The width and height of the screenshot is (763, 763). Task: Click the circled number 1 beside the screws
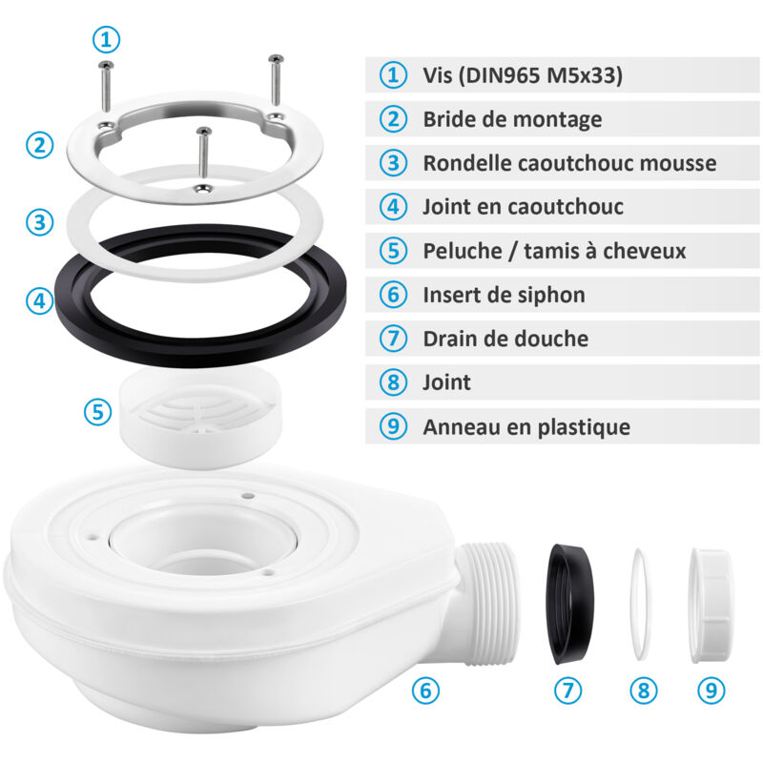[x=107, y=39]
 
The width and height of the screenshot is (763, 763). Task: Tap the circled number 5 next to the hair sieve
[x=96, y=412]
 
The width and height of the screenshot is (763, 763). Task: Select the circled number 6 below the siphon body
[x=425, y=689]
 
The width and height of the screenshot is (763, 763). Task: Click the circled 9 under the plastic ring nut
[x=710, y=689]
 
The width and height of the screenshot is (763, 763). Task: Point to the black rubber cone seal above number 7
[x=571, y=603]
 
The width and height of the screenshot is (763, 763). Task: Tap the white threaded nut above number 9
[x=710, y=603]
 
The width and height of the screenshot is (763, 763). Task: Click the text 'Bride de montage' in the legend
[x=512, y=119]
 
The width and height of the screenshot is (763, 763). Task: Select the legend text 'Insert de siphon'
[x=504, y=295]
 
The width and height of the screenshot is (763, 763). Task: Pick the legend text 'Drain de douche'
[x=505, y=339]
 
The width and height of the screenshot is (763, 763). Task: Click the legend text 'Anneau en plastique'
[x=526, y=426]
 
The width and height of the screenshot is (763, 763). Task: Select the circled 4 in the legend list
[x=392, y=207]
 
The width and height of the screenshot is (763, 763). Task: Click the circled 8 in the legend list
[x=392, y=382]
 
